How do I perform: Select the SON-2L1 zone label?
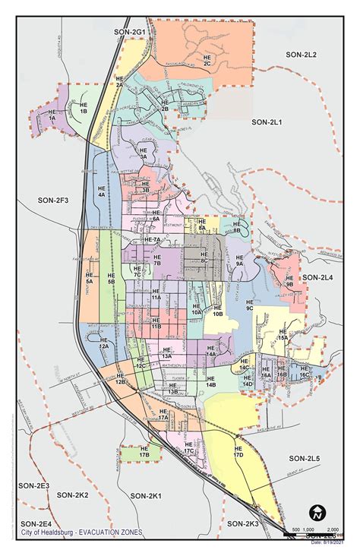coord(267,122)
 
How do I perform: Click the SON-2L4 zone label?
coord(317,278)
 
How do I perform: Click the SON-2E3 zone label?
coord(33,485)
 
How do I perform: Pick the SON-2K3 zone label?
coord(242,523)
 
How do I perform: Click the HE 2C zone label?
coord(207,60)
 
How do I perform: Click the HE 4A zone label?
coord(102,191)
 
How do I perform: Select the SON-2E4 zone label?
coord(36,523)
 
